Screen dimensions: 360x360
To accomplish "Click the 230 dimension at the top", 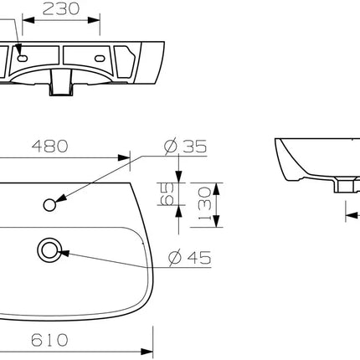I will tap(60, 10).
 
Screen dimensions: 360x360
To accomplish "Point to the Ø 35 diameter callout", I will tap(185, 147).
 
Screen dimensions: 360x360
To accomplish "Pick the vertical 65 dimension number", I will tap(168, 195).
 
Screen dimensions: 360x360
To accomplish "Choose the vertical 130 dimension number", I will tap(203, 201).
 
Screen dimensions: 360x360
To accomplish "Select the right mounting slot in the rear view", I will tap(100, 59).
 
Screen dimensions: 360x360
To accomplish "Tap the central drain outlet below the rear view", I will tap(60, 85).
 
